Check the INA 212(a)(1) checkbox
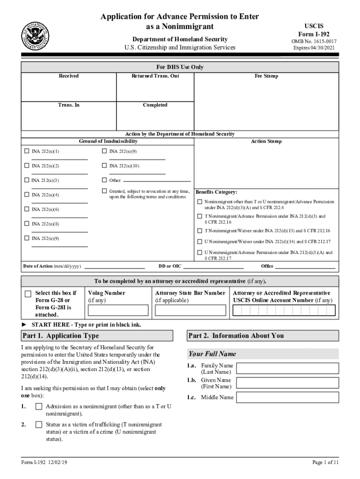coord(27,152)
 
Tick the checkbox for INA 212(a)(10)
coord(104,166)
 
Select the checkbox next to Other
coord(104,180)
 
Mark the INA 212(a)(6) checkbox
coord(27,209)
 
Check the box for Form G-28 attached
coord(28,294)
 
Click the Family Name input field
coord(287,368)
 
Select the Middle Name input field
coord(287,398)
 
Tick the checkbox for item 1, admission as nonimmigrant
coord(39,407)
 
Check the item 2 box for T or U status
coord(39,425)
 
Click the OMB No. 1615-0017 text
coord(314,41)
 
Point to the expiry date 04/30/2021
coord(314,48)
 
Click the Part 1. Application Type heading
coord(61,336)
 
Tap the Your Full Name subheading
coord(212,354)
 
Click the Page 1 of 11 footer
coord(323,463)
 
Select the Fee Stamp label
coord(266,76)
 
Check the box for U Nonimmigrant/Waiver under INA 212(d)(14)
coord(200,242)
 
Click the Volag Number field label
coord(107,293)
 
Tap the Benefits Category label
coord(216,192)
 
